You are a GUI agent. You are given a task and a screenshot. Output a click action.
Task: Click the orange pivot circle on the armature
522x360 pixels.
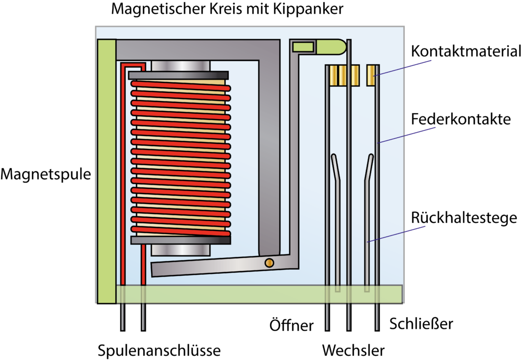(x=269, y=263)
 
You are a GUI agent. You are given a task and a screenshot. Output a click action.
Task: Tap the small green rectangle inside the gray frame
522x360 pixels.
(x=303, y=47)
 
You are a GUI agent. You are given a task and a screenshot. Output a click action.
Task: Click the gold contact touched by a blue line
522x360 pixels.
(x=371, y=75)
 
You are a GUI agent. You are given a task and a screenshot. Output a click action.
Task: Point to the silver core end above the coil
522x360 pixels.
(x=180, y=66)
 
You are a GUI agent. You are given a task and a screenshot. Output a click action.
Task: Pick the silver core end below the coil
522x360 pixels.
(x=180, y=250)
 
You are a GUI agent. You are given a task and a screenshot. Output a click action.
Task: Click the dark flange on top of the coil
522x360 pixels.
(x=178, y=75)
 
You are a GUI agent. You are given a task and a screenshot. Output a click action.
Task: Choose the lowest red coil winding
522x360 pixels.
(x=180, y=230)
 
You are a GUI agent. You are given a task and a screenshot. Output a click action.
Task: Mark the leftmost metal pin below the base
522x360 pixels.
(x=122, y=316)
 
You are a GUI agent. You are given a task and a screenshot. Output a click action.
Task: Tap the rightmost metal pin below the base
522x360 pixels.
(x=377, y=316)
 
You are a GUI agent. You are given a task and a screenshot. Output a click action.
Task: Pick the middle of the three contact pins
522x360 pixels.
(x=349, y=316)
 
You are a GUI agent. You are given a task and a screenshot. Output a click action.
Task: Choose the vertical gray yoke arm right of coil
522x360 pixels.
(x=269, y=153)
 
